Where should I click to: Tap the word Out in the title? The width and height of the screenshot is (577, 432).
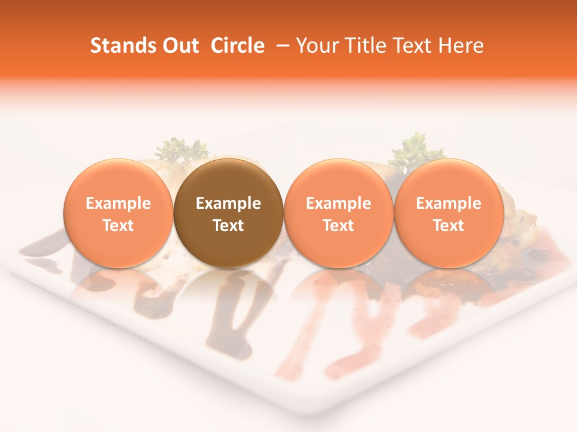(179, 46)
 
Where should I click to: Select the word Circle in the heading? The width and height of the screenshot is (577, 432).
(237, 46)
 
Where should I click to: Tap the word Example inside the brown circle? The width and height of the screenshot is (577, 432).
(228, 203)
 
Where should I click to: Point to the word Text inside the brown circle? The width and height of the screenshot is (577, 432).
(228, 226)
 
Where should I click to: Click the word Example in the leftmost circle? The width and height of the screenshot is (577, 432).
(118, 203)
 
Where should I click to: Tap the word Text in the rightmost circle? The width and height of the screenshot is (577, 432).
(448, 226)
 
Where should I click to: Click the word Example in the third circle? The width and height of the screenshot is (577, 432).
(338, 203)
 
